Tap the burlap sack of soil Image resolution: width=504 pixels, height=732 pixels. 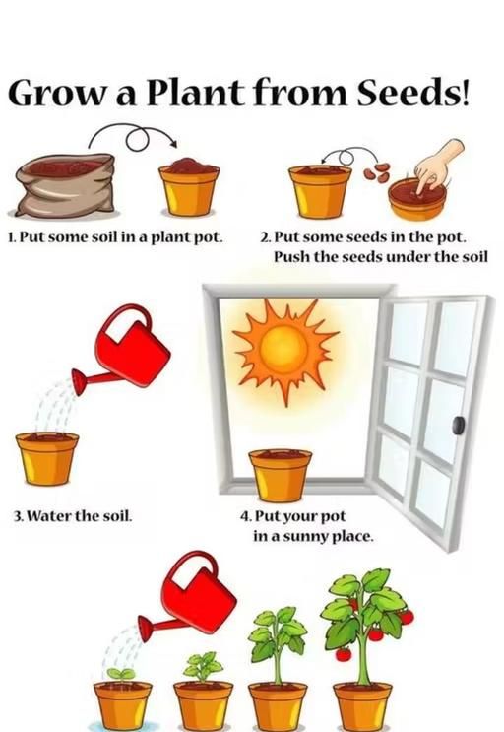click(65, 186)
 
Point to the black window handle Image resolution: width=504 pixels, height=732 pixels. click(459, 425)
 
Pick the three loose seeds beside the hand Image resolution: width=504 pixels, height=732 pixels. click(377, 172)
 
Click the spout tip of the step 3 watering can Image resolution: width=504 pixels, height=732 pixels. click(78, 381)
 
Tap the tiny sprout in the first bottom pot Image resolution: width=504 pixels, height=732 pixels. click(121, 674)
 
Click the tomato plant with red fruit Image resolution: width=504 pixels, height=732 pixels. click(365, 626)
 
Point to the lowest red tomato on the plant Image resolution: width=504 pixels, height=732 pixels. click(344, 654)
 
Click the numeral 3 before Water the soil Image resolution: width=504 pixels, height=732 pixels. click(18, 516)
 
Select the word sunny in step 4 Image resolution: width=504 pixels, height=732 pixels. click(305, 536)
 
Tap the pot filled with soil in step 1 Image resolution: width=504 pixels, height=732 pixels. click(189, 187)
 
